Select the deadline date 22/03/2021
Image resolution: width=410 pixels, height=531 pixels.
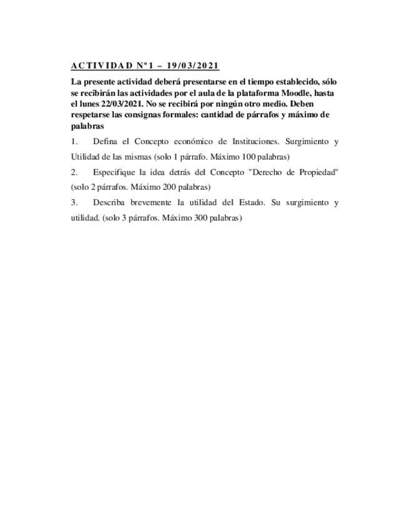119,104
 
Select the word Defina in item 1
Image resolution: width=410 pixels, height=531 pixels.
105,142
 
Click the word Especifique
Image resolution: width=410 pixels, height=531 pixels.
114,172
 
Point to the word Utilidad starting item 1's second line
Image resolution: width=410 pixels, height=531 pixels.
85,157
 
